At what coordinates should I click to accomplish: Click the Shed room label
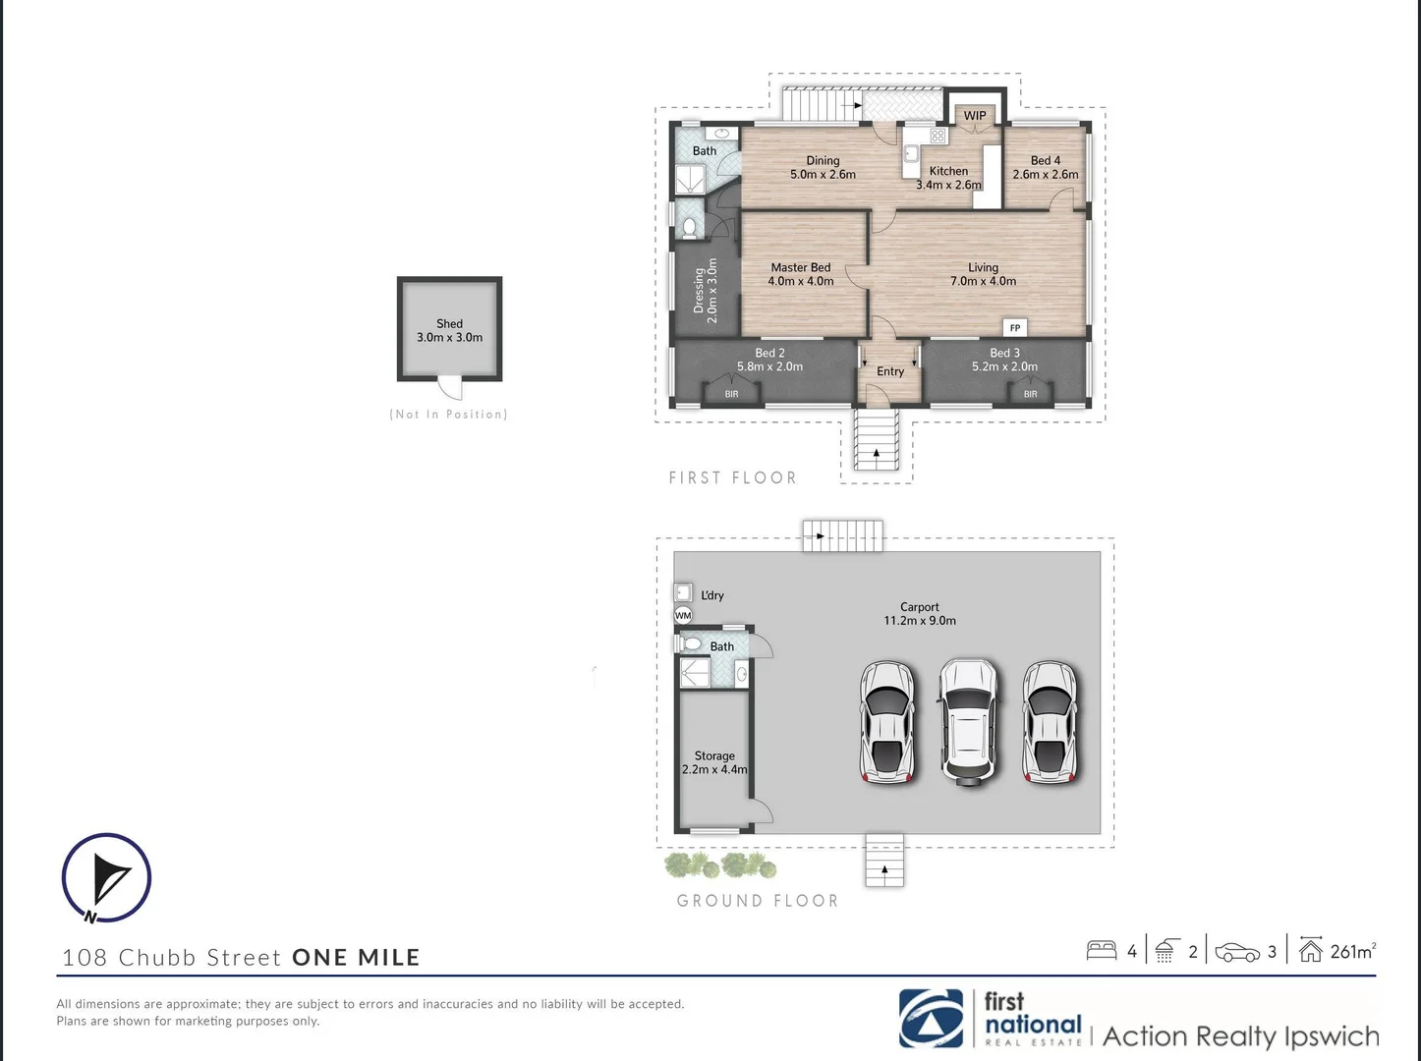[449, 324]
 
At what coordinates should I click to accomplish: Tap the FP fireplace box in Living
[1014, 328]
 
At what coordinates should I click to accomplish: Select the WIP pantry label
[974, 116]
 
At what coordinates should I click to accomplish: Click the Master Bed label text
[800, 267]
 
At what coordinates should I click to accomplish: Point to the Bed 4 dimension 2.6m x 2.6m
[1045, 175]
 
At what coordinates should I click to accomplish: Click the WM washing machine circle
[683, 616]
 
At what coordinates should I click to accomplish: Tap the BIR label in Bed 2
[731, 394]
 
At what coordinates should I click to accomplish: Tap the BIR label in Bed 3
[1030, 394]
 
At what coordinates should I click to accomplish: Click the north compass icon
[106, 878]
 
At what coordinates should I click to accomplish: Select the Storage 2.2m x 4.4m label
[714, 762]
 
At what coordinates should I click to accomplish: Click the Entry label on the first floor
[889, 371]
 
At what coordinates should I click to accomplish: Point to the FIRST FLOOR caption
[732, 478]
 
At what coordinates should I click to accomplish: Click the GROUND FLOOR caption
[757, 901]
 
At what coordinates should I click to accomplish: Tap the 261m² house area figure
[1351, 951]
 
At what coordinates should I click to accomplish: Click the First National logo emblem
[932, 1019]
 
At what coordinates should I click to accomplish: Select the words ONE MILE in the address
[356, 958]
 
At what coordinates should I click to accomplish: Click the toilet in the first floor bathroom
[689, 228]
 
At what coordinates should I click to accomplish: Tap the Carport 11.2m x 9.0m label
[919, 614]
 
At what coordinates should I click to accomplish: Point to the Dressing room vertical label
[706, 291]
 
